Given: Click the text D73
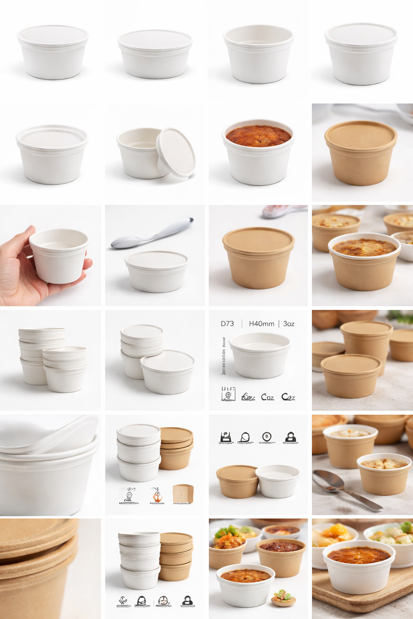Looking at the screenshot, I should click(227, 324).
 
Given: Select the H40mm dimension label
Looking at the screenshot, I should click(261, 324).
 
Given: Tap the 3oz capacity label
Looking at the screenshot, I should click(289, 324).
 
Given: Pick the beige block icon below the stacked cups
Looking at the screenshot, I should click(183, 494).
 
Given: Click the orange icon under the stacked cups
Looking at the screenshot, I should click(157, 495).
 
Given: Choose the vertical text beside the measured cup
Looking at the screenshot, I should click(223, 357).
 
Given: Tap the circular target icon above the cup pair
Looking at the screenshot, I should click(267, 437).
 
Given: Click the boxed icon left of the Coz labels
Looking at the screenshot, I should click(228, 394).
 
